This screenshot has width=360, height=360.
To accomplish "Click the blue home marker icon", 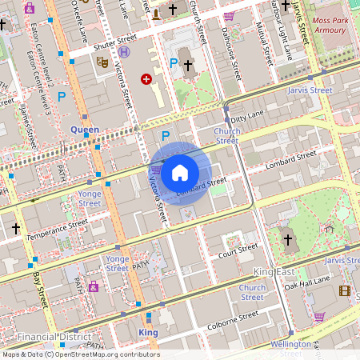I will (x=180, y=172).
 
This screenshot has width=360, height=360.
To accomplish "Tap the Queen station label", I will (x=85, y=129).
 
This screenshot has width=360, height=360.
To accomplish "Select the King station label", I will (x=148, y=332).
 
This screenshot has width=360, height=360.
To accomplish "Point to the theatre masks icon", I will (x=102, y=61).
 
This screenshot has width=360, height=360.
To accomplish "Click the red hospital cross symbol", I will (x=146, y=78).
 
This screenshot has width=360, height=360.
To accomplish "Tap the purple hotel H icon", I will (x=124, y=52).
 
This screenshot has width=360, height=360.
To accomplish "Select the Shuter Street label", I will (x=115, y=41).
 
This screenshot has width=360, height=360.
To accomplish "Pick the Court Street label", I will (x=238, y=251).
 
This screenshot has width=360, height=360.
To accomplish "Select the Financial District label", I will (x=54, y=337).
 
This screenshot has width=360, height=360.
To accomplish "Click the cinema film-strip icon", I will (x=345, y=291).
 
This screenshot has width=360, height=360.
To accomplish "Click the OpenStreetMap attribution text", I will (x=81, y=354).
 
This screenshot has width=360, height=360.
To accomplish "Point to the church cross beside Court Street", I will (x=288, y=239).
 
